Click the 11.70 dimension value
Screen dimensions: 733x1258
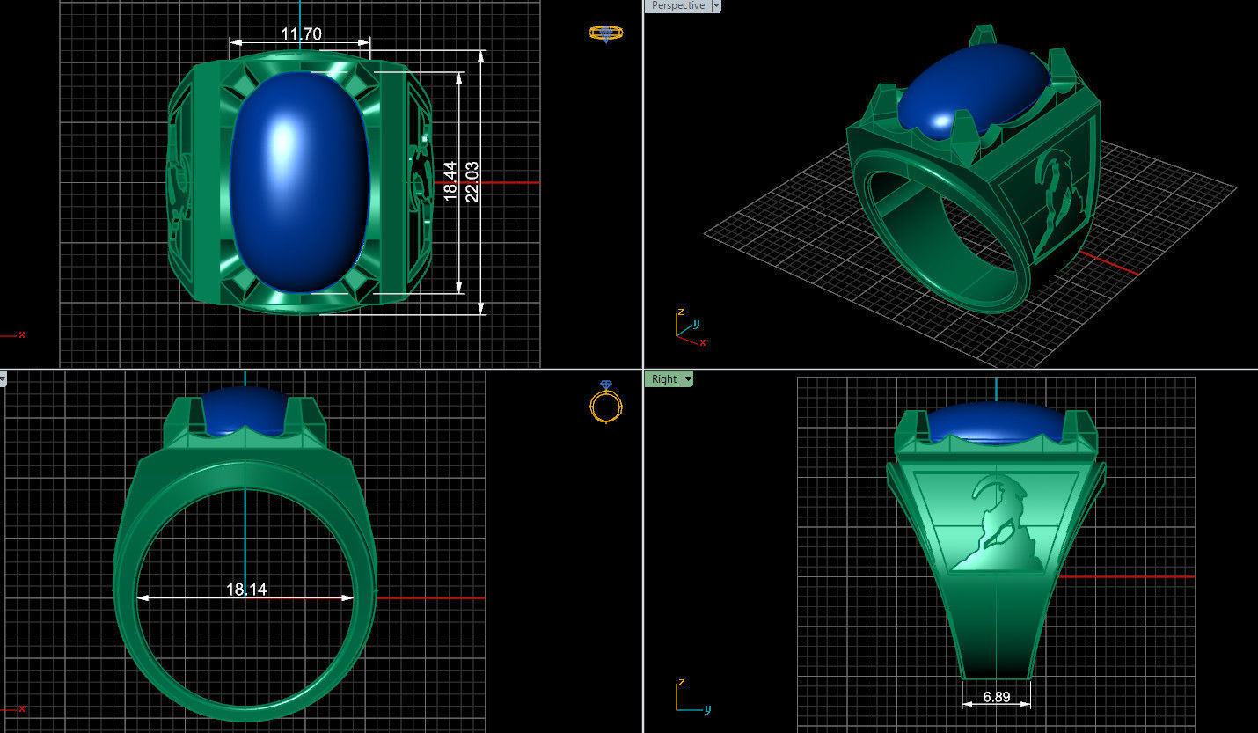pyautogui.click(x=301, y=34)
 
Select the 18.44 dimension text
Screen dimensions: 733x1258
pyautogui.click(x=450, y=181)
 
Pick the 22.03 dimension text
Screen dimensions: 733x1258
pyautogui.click(x=472, y=181)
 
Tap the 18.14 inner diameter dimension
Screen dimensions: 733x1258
pyautogui.click(x=246, y=589)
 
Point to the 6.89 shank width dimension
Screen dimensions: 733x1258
pyautogui.click(x=997, y=696)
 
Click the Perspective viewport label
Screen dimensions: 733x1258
pyautogui.click(x=677, y=5)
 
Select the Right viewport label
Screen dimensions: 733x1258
pyautogui.click(x=664, y=379)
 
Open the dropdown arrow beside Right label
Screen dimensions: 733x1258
pyautogui.click(x=688, y=379)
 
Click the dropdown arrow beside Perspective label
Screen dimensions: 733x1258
pyautogui.click(x=716, y=5)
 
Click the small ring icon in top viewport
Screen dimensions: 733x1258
pyautogui.click(x=605, y=33)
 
